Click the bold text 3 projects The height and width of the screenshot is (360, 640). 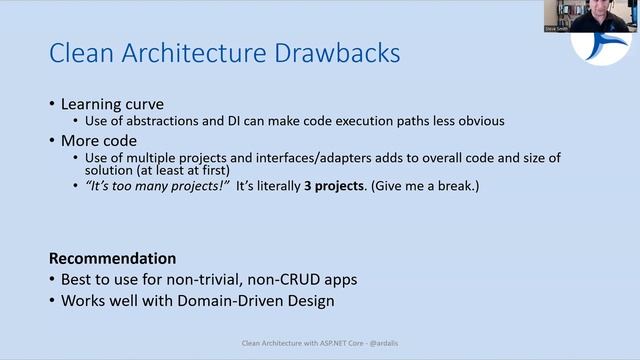point(334,186)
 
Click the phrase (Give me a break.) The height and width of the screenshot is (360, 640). point(424,186)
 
